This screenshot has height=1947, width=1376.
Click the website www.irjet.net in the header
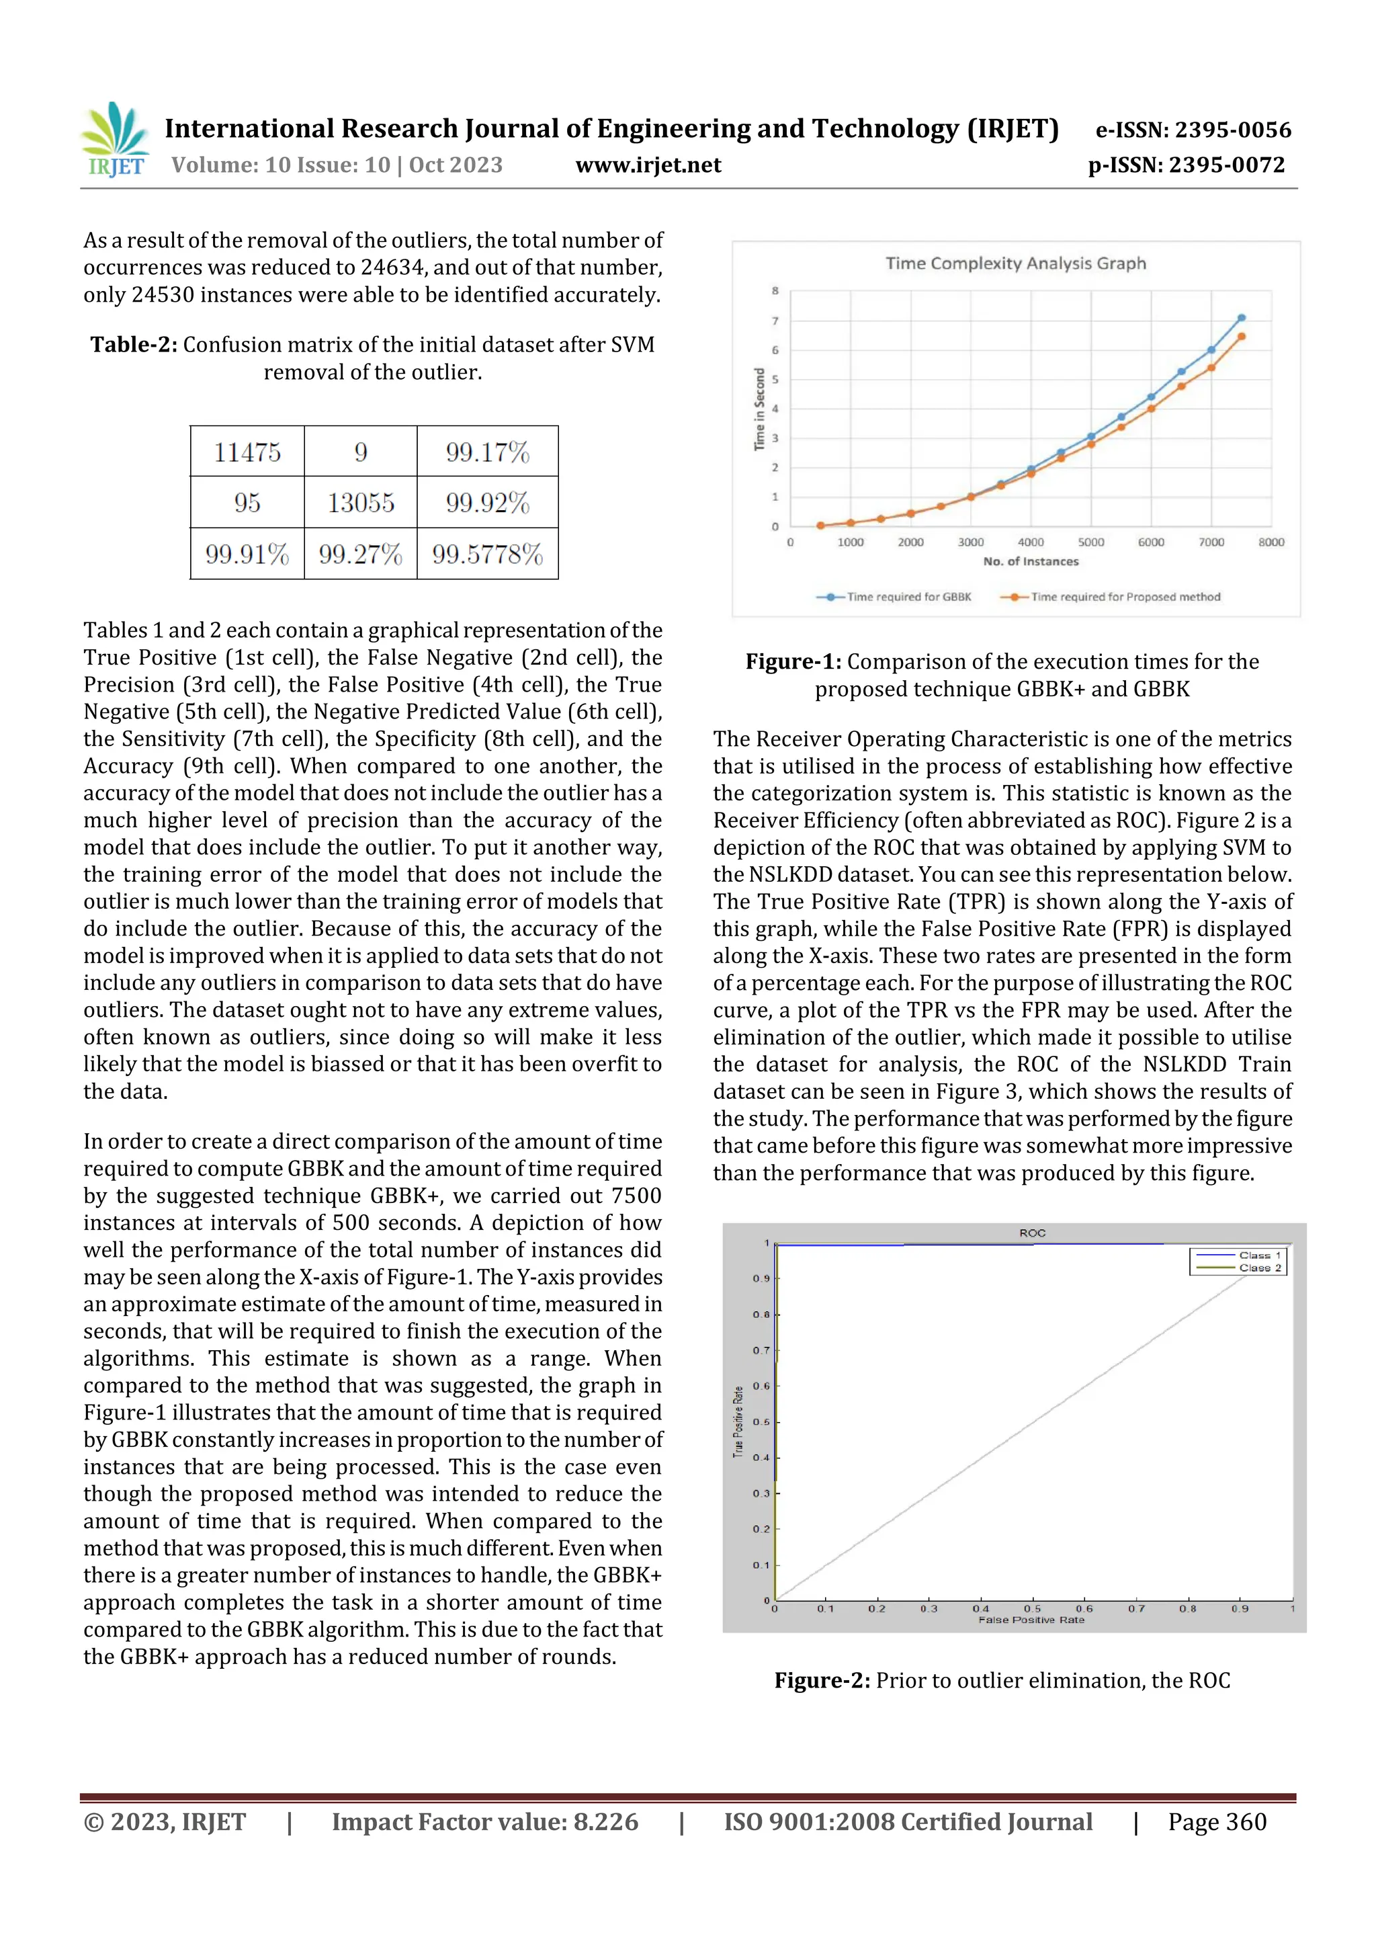(648, 165)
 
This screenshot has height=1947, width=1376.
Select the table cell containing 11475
(247, 452)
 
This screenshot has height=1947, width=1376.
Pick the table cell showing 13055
(360, 503)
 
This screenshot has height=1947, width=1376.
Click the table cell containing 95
(247, 503)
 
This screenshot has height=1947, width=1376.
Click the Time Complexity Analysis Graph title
(1015, 263)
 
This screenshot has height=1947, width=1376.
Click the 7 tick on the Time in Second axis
(774, 321)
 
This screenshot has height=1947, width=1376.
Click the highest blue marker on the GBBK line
(1241, 318)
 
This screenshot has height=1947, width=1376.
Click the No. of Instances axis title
(1030, 561)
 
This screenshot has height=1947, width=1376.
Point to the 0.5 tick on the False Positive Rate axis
(1032, 1608)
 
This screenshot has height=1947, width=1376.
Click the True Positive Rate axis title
(738, 1422)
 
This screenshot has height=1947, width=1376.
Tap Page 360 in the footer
(1217, 1821)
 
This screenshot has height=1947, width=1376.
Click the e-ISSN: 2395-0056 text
(1193, 130)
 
